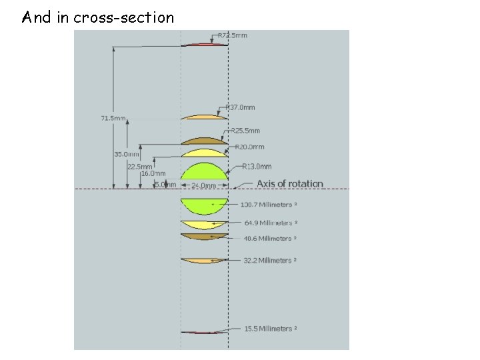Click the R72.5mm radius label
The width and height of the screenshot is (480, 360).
[233, 35]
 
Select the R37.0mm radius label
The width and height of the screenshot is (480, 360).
[241, 107]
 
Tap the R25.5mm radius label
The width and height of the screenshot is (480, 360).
[246, 131]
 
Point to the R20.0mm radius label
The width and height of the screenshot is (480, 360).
[250, 147]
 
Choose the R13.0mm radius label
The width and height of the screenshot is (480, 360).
[257, 167]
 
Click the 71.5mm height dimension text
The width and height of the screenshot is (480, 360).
[113, 119]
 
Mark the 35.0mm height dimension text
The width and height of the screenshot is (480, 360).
[127, 154]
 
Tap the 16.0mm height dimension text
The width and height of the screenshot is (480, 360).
[153, 173]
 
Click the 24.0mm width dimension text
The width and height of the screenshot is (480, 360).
[204, 185]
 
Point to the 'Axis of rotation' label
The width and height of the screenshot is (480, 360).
[290, 184]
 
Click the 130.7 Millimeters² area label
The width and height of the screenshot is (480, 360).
[269, 204]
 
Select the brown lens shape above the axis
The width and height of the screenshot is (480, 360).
[204, 141]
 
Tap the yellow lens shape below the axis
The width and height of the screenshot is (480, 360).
[204, 224]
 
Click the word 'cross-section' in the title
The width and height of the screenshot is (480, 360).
[124, 18]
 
